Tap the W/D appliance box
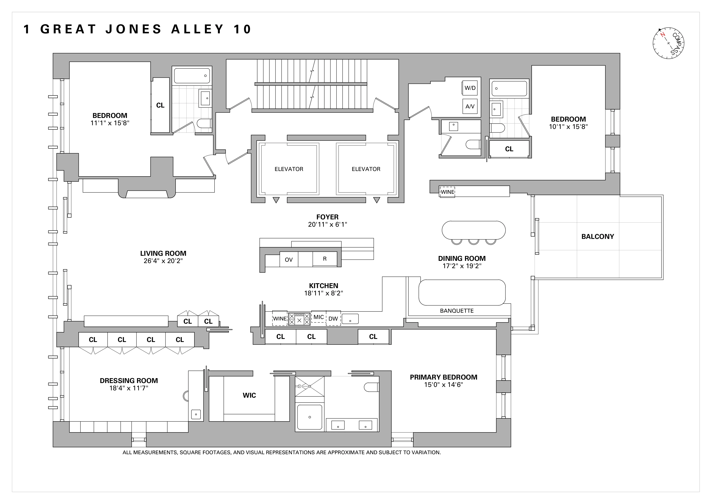[x=470, y=88]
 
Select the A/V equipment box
[x=470, y=106]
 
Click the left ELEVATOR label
[x=289, y=169]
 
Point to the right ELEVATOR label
[x=366, y=169]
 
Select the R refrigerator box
[x=325, y=259]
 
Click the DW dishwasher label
[x=333, y=319]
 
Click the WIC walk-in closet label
[x=249, y=395]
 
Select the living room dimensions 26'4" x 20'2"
[x=163, y=261]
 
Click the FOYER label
[x=327, y=217]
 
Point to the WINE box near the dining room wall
[x=447, y=192]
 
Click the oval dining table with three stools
[x=474, y=230]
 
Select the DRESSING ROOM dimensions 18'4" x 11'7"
[x=129, y=388]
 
